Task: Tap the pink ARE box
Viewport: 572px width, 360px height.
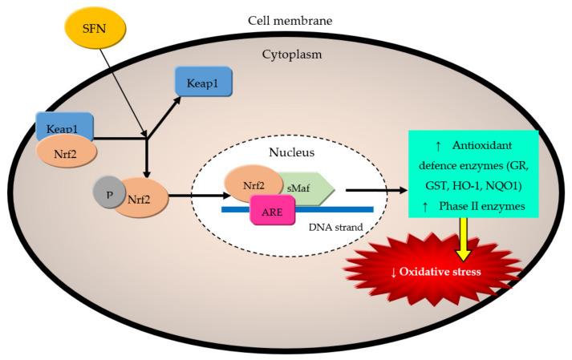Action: pos(277,215)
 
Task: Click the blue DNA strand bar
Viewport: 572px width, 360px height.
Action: pos(345,209)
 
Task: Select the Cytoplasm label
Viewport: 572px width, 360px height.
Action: pos(291,55)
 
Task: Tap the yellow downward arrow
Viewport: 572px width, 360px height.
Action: pos(463,239)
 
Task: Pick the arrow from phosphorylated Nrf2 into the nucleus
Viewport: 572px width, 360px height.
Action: pos(195,194)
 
